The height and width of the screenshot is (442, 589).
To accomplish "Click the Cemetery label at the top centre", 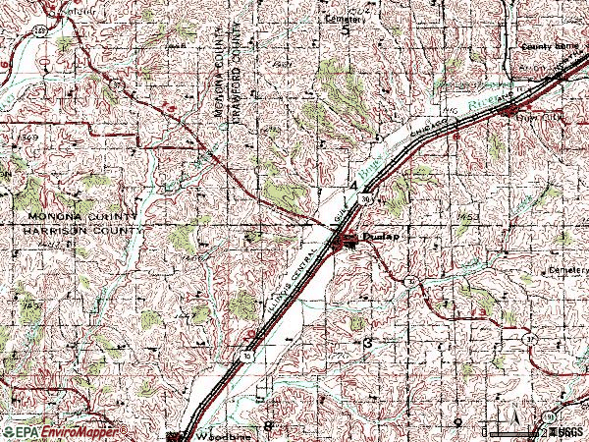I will [344, 17].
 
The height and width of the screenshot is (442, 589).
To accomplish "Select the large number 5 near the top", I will [347, 31].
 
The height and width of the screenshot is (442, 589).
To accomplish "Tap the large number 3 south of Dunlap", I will [367, 344].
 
